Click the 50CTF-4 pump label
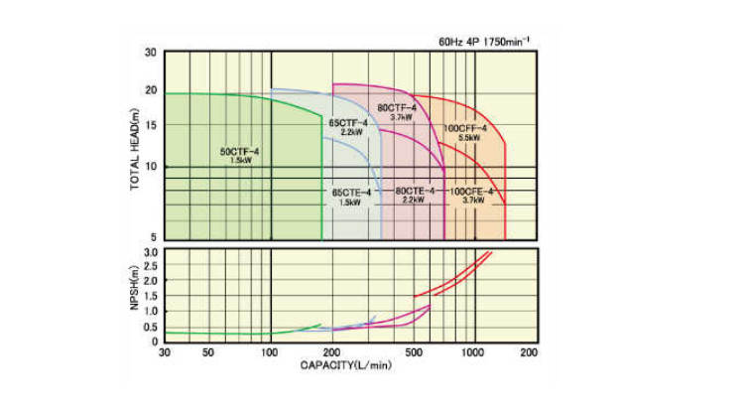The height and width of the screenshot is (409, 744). click(240, 151)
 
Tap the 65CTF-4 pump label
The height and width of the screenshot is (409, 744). click(348, 122)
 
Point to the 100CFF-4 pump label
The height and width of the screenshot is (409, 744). click(464, 129)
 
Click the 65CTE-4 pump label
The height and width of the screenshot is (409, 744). click(350, 191)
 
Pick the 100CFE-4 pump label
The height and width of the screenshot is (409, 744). click(473, 191)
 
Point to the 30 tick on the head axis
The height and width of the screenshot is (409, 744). click(152, 52)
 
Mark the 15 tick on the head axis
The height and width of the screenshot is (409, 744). click(152, 125)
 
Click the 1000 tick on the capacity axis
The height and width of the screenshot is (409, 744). click(473, 352)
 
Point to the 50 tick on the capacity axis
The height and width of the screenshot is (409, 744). click(208, 352)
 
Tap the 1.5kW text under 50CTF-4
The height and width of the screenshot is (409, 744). click(240, 160)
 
